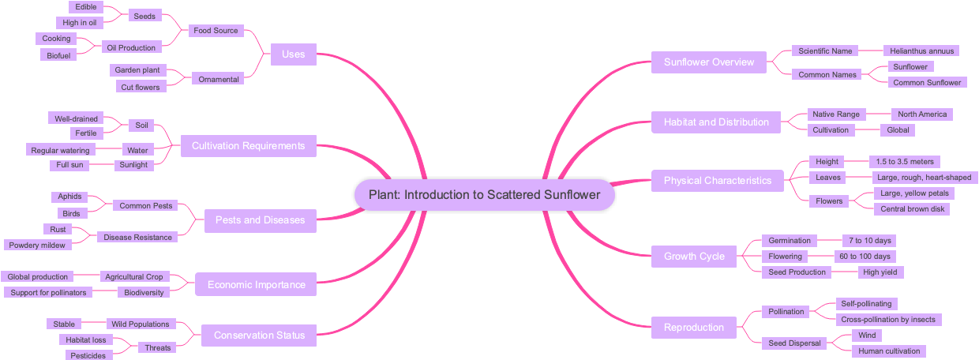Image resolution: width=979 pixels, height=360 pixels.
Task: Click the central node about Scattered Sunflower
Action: (x=484, y=195)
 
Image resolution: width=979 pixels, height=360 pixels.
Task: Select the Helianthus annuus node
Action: (x=917, y=51)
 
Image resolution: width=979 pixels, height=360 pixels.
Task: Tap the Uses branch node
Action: (x=293, y=54)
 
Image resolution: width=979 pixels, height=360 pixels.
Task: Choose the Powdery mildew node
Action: (x=37, y=245)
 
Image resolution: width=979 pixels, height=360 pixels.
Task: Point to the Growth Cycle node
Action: (x=694, y=257)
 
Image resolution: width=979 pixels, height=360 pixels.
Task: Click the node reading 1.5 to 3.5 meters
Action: (x=904, y=162)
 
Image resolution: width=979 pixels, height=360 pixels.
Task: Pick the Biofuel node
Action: (x=58, y=55)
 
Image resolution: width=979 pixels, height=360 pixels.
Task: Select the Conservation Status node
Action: (x=259, y=336)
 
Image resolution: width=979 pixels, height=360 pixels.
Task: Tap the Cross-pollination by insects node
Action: (x=887, y=320)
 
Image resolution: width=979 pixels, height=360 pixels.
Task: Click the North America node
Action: (x=921, y=114)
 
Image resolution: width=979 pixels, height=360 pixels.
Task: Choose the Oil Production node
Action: (x=131, y=47)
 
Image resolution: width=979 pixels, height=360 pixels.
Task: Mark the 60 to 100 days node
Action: (x=865, y=257)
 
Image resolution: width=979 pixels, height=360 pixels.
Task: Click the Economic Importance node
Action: (x=256, y=285)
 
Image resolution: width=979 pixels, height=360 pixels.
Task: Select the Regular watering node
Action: (x=60, y=150)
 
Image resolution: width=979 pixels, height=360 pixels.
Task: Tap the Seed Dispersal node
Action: (x=795, y=343)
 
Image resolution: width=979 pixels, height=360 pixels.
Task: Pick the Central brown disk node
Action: (x=911, y=209)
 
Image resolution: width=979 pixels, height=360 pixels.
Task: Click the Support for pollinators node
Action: (x=48, y=293)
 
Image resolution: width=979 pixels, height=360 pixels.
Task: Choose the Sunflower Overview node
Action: (x=708, y=62)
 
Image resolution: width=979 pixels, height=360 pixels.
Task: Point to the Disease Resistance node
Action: (x=137, y=237)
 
